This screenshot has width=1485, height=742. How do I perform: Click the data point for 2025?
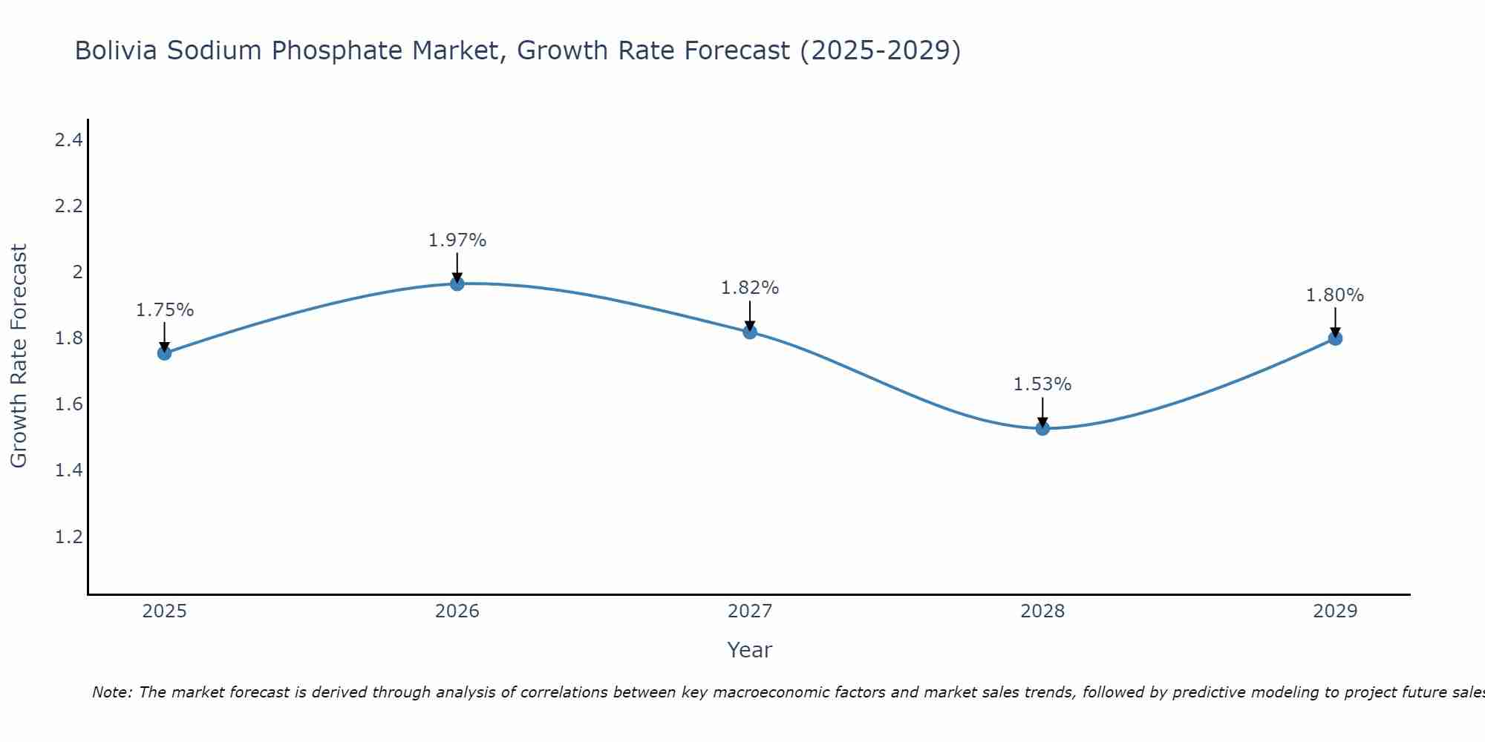point(165,353)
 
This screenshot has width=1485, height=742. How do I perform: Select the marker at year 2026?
point(457,283)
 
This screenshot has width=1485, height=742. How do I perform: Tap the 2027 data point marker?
point(750,332)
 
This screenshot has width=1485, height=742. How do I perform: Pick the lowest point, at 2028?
point(1042,428)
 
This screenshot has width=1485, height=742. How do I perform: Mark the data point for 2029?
point(1335,338)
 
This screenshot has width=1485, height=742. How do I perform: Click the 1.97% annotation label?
point(457,240)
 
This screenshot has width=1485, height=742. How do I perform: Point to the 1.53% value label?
point(1042,384)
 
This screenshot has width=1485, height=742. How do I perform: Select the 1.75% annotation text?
point(165,310)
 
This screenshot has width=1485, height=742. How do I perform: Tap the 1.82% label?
point(750,288)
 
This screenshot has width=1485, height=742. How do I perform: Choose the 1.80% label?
point(1335,295)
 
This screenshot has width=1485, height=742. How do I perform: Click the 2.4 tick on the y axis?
point(68,139)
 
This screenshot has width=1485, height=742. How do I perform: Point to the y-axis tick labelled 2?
point(77,272)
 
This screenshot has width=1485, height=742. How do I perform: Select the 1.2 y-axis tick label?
point(68,536)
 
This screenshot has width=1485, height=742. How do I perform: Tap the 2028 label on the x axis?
point(1042,611)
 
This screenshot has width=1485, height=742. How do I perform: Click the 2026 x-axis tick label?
point(457,611)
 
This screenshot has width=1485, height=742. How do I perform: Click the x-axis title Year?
point(750,650)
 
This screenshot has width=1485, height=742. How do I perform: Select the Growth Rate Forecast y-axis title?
point(19,355)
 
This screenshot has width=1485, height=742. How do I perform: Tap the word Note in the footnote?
point(111,692)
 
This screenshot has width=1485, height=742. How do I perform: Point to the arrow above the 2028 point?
point(1042,412)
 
